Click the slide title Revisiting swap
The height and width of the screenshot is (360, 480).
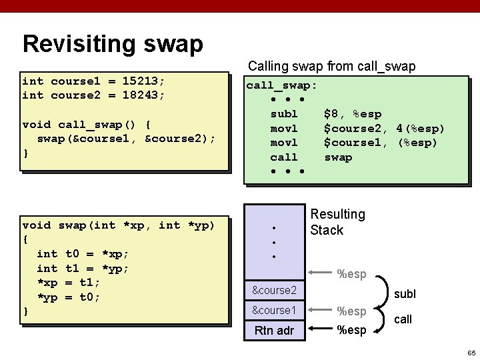pyautogui.click(x=112, y=44)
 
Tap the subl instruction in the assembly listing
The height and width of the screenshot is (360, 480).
pyautogui.click(x=284, y=114)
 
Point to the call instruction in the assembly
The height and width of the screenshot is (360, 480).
pyautogui.click(x=284, y=157)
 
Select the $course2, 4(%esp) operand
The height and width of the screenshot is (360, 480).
pyautogui.click(x=384, y=129)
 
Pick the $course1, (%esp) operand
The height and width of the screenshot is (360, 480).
pyautogui.click(x=380, y=143)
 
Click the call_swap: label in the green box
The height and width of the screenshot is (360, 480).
pyautogui.click(x=281, y=85)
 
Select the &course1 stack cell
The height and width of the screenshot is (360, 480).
pyautogui.click(x=274, y=311)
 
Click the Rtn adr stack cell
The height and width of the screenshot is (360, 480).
pyautogui.click(x=274, y=330)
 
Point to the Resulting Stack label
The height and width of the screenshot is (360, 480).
pyautogui.click(x=337, y=222)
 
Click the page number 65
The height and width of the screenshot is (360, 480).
pyautogui.click(x=471, y=352)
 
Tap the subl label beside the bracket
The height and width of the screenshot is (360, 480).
pyautogui.click(x=405, y=293)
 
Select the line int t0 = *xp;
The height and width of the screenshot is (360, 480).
pyautogui.click(x=83, y=254)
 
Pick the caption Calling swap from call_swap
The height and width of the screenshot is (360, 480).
pyautogui.click(x=331, y=67)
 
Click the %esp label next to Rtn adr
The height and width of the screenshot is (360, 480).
pyautogui.click(x=351, y=330)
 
